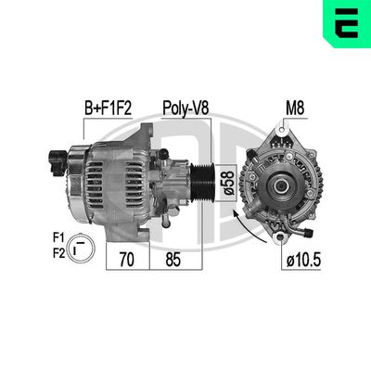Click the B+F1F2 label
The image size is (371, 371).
109,109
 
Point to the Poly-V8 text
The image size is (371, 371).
185,109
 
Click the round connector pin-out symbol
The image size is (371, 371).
81,246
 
